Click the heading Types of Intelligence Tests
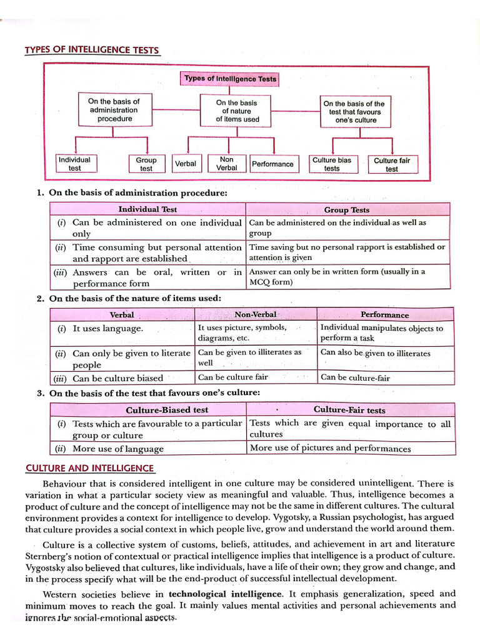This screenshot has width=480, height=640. [92, 50]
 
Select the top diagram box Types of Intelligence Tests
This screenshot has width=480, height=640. [230, 79]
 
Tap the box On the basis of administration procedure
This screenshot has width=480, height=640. [114, 109]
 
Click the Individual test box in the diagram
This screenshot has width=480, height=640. [74, 164]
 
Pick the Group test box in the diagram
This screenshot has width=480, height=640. [146, 164]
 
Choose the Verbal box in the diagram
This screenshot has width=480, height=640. [186, 164]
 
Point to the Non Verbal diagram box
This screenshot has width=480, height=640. [226, 164]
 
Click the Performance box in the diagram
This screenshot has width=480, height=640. [272, 164]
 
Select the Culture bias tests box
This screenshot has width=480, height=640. [332, 164]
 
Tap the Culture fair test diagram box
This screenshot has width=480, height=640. [392, 164]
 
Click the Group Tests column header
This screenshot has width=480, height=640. [346, 210]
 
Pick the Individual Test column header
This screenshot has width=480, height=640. [147, 210]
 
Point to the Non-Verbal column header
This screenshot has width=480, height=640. [255, 314]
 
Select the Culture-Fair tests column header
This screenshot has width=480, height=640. [349, 410]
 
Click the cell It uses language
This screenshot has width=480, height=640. [108, 329]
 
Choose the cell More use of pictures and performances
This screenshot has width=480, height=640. [330, 448]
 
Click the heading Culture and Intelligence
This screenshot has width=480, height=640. [89, 468]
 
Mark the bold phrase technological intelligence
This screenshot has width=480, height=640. [224, 593]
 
